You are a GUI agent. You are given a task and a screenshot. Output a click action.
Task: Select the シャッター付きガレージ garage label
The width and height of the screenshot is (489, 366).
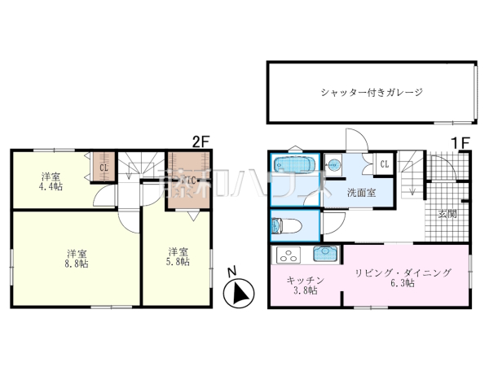point(371,93)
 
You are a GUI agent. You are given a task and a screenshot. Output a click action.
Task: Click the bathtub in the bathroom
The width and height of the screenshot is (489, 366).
point(293,165)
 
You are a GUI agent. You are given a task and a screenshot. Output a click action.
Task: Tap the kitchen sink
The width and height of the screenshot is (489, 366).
point(325,253)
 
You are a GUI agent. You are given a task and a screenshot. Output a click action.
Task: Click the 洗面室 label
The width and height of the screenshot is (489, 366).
point(360,193)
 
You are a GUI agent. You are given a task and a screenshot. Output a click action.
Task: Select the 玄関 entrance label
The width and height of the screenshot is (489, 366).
point(447,215)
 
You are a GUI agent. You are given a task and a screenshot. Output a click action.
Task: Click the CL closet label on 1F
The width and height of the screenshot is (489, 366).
point(383,165)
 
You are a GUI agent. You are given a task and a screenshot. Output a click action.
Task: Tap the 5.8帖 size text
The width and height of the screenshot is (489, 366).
point(179,262)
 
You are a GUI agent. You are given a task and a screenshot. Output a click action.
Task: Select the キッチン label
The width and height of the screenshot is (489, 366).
point(305,280)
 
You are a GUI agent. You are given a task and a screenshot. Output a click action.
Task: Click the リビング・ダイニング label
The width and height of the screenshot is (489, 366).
point(403,272)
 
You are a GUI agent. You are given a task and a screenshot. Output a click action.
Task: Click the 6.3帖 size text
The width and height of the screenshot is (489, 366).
point(403,283)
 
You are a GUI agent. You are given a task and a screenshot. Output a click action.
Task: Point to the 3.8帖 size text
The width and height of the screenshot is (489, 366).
point(306,291)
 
